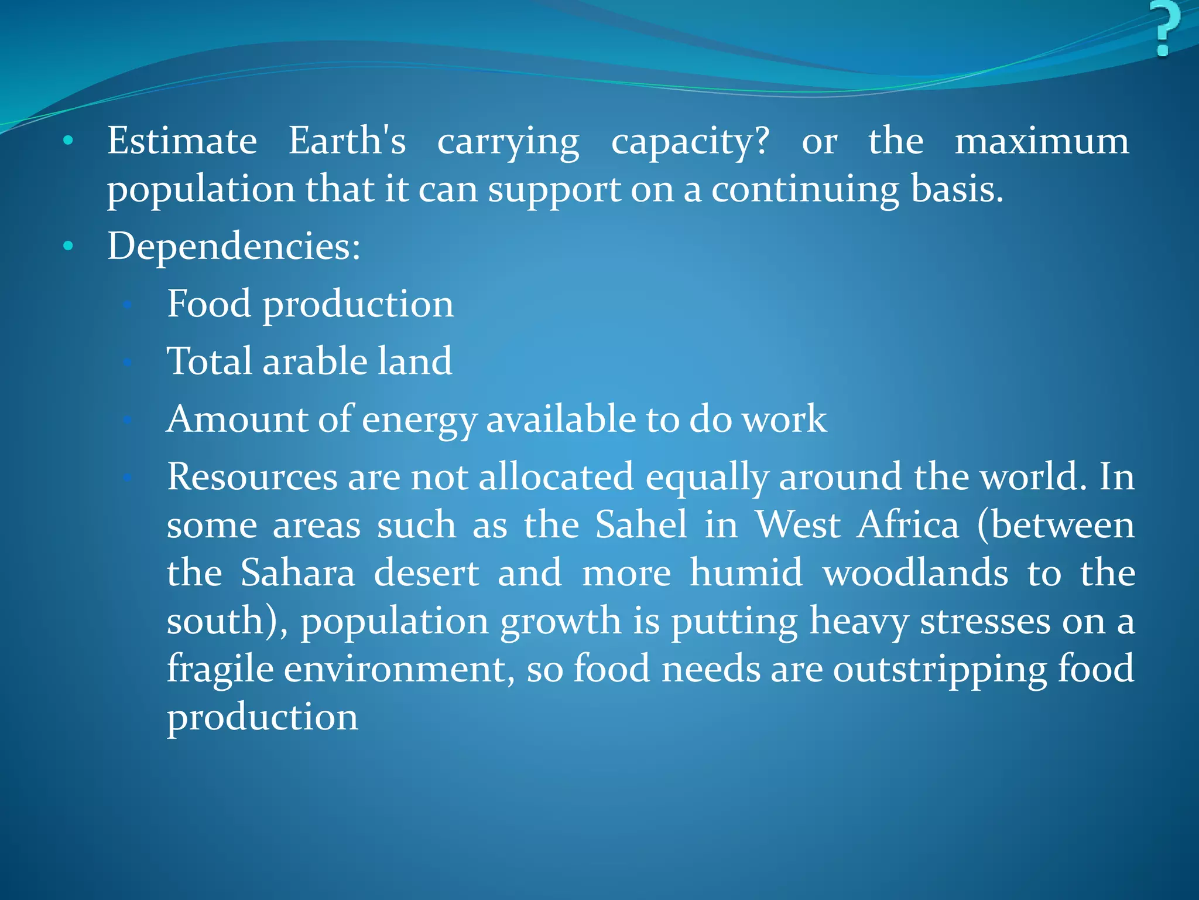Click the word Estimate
pos(181,141)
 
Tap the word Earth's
pos(347,141)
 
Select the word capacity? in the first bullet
pos(690,142)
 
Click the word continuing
pos(805,190)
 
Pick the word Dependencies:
pos(234,246)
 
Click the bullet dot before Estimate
pos(68,141)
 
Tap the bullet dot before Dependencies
pos(68,246)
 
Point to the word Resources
pos(252,476)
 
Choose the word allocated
pos(556,476)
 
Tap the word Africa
pos(908,524)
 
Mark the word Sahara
pos(298,572)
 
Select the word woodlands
pos(916,572)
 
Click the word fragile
pos(220,669)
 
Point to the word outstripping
pos(940,670)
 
